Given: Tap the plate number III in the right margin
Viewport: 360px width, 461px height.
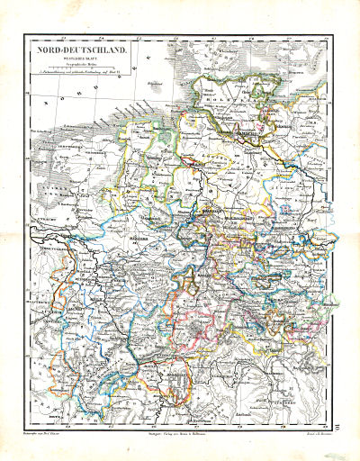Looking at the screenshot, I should click(x=348, y=414).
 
